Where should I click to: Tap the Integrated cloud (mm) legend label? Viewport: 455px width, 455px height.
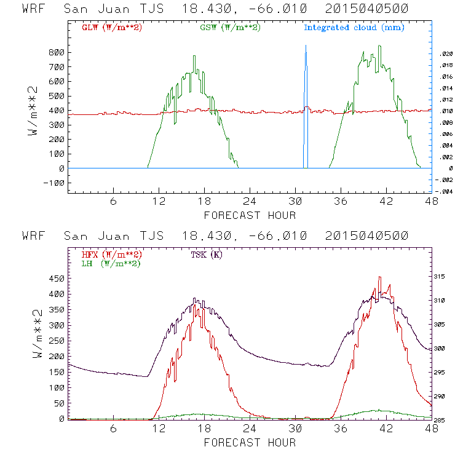[x=354, y=27]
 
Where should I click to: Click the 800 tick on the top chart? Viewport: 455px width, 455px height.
[x=57, y=52]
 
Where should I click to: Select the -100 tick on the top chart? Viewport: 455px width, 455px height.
[x=55, y=183]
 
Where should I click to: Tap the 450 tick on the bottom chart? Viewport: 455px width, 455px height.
[x=57, y=278]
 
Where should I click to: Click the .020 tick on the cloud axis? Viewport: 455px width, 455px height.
[x=446, y=54]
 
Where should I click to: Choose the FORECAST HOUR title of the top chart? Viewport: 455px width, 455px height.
[x=250, y=215]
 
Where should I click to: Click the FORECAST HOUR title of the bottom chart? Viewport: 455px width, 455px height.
[x=250, y=442]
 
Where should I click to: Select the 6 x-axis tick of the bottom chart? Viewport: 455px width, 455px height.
[x=114, y=430]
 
